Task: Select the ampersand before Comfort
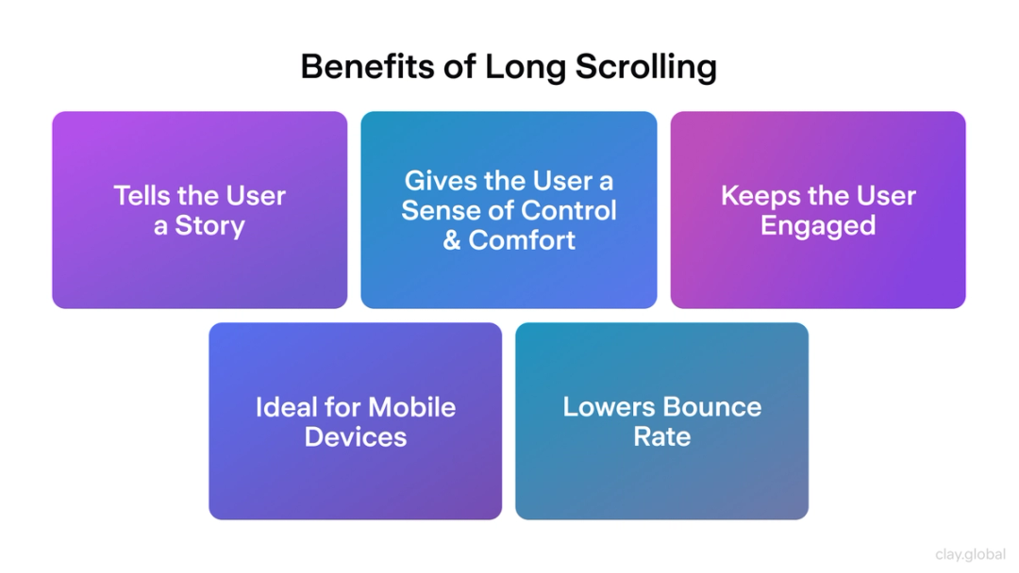click(x=452, y=240)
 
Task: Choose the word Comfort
click(x=522, y=240)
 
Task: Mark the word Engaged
click(x=818, y=226)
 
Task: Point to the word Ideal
click(x=286, y=407)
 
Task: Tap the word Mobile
click(x=412, y=407)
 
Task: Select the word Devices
click(x=356, y=437)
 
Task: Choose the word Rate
click(x=662, y=437)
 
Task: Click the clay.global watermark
click(x=970, y=555)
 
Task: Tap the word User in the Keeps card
click(x=885, y=196)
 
